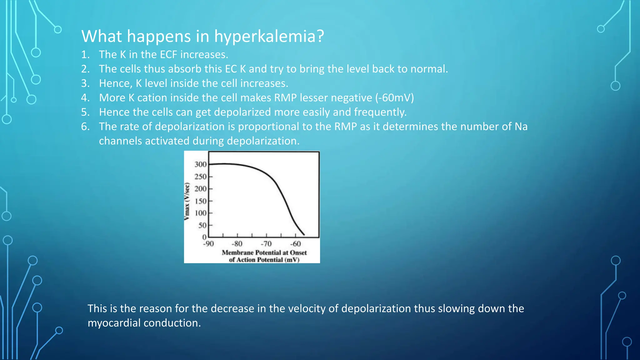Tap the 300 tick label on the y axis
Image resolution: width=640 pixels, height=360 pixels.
pyautogui.click(x=200, y=164)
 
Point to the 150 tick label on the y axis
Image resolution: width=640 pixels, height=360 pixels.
pyautogui.click(x=200, y=201)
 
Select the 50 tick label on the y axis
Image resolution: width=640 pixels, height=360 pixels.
pyautogui.click(x=202, y=225)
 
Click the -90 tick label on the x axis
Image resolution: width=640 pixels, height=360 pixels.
pyautogui.click(x=208, y=244)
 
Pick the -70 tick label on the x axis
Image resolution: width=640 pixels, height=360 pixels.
pyautogui.click(x=266, y=244)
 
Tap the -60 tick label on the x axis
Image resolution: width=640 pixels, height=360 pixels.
pyautogui.click(x=295, y=244)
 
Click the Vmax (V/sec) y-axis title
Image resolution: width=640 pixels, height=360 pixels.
pyautogui.click(x=187, y=201)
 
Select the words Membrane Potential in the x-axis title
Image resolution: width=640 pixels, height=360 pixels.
pyautogui.click(x=251, y=252)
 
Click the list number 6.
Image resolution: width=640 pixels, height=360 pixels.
pyautogui.click(x=85, y=127)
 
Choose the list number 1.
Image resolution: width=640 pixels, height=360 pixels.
pyautogui.click(x=85, y=55)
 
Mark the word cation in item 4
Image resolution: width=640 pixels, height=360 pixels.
pyautogui.click(x=152, y=98)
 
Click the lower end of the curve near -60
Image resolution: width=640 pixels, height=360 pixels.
pyautogui.click(x=304, y=234)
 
